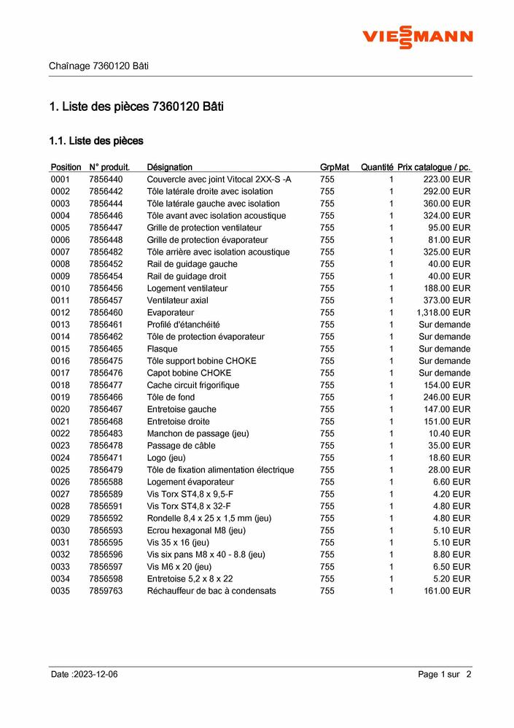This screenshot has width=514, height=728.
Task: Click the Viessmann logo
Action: [x=418, y=36]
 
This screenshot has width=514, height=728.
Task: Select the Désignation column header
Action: [x=169, y=167]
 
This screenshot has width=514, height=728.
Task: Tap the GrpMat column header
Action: [x=335, y=167]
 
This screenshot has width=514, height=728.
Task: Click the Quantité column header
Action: [x=376, y=167]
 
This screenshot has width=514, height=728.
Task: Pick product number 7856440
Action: [x=106, y=179]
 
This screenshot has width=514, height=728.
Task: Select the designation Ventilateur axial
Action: [x=177, y=300]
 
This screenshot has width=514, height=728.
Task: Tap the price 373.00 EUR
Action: [x=447, y=300]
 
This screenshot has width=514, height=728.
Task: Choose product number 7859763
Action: [x=106, y=590]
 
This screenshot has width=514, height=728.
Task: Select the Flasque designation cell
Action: [x=162, y=349]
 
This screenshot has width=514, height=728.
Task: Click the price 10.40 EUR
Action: [x=449, y=433]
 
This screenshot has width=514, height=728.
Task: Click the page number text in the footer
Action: [x=445, y=674]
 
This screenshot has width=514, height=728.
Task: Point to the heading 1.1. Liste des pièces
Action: [x=96, y=140]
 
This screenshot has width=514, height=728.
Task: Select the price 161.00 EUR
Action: [x=447, y=590]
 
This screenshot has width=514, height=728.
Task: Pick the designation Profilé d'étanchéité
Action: [x=183, y=325]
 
